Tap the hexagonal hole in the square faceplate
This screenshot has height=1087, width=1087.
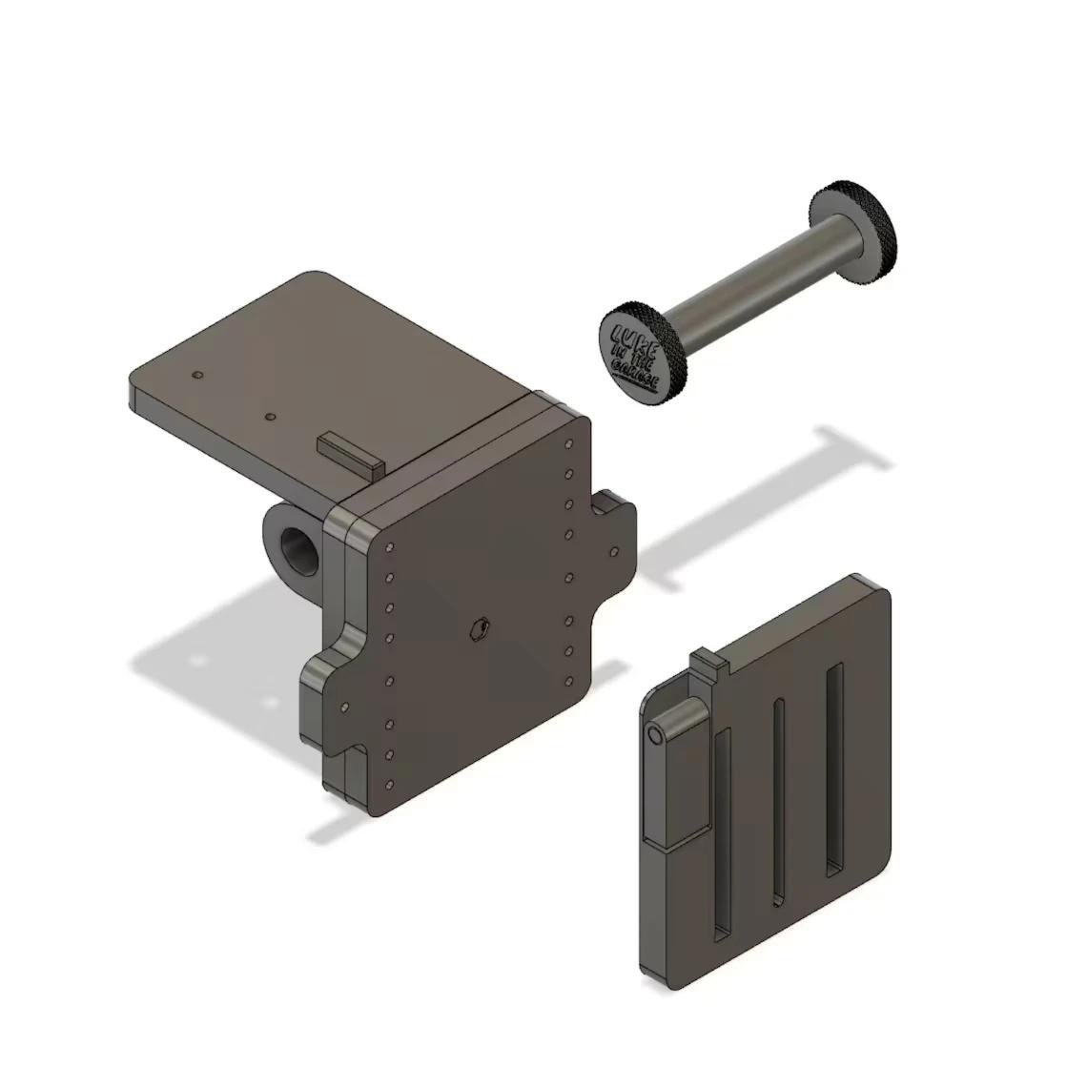pos(480,626)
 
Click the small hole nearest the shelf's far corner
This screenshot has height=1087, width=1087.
pos(197,375)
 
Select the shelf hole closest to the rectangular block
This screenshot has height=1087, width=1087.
pos(271,417)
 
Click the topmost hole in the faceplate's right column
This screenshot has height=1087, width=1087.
pos(569,442)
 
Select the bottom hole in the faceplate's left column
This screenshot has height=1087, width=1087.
pos(390,784)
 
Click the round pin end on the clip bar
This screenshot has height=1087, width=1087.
pos(654,736)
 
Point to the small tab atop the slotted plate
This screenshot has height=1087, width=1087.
pos(705,658)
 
